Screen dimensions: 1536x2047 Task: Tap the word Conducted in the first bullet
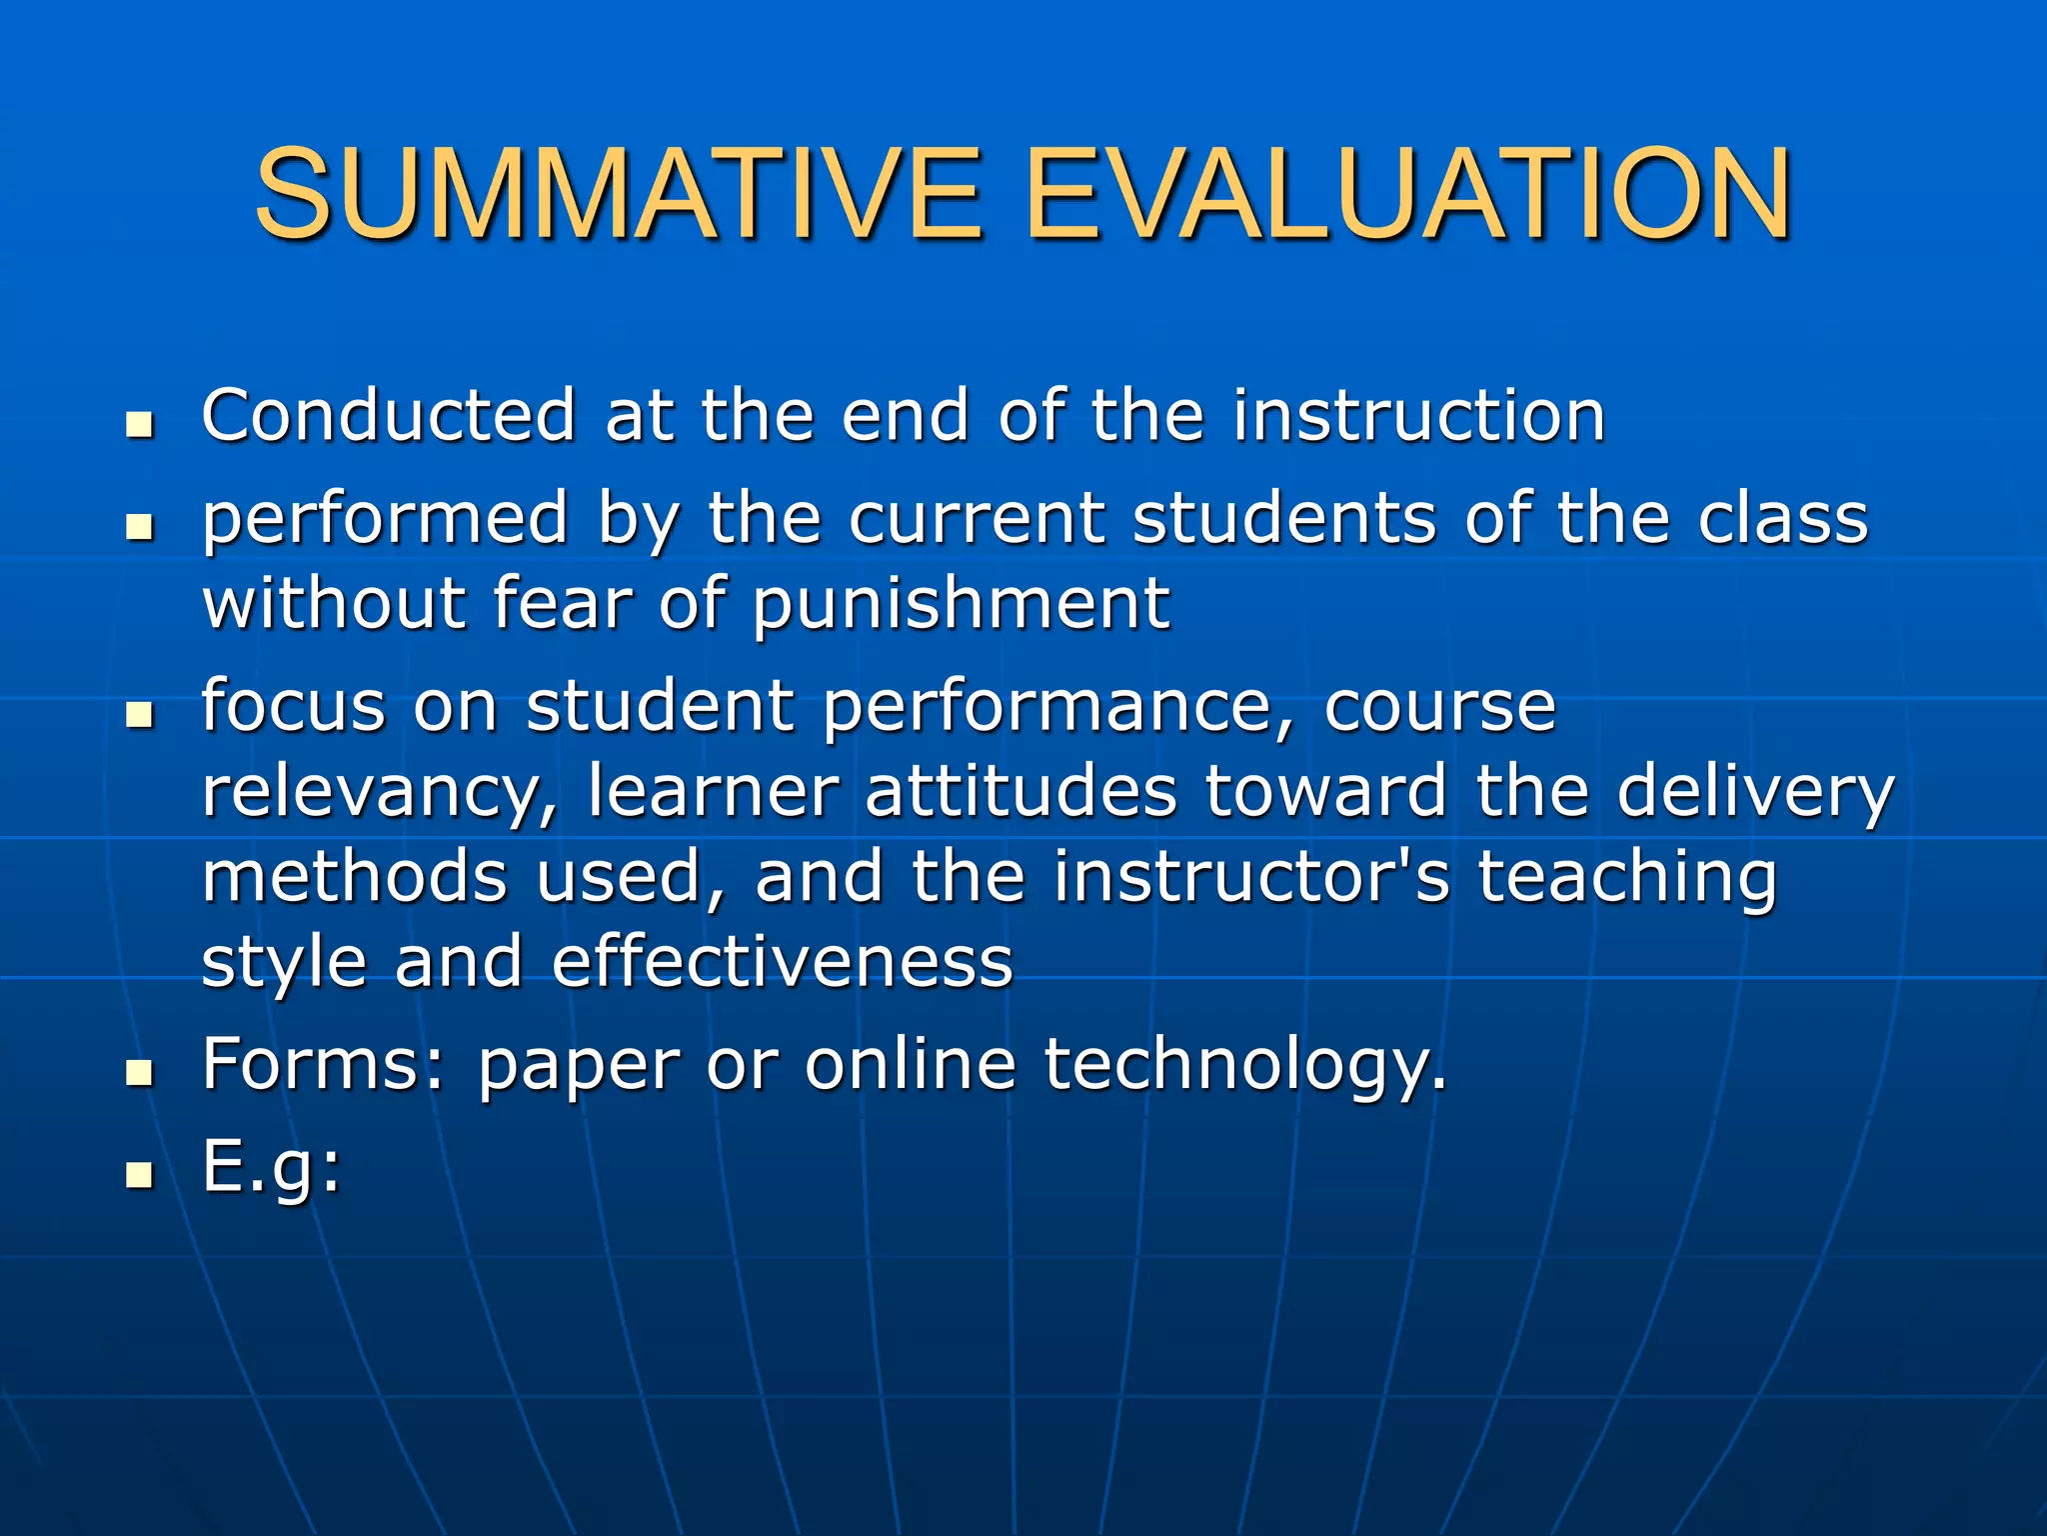point(388,415)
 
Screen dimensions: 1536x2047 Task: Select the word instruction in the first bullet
point(1418,415)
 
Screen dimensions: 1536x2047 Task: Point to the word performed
point(385,520)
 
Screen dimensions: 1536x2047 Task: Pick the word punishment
point(961,605)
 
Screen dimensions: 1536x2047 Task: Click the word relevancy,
point(380,792)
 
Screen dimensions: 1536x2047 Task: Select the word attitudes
point(1021,790)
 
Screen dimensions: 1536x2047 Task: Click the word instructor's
point(1250,876)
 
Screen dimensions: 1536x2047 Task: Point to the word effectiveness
point(783,961)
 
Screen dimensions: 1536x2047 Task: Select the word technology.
point(1245,1065)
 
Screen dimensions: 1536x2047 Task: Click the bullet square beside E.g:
point(140,1175)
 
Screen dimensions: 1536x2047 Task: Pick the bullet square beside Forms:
point(140,1073)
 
